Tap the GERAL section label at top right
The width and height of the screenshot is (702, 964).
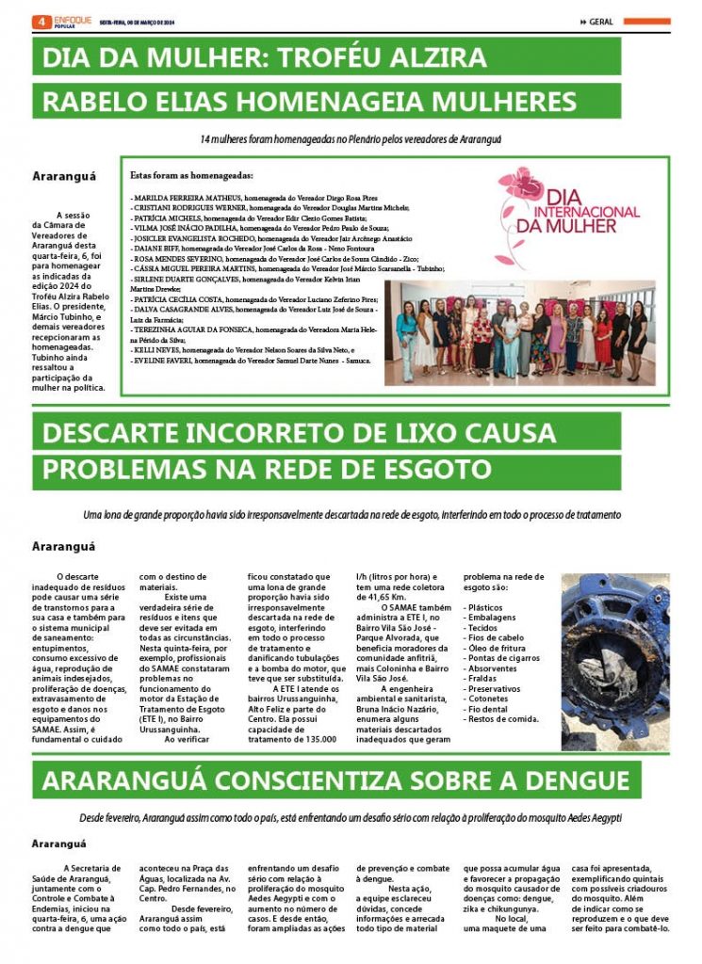click(601, 22)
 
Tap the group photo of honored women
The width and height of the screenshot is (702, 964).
click(520, 332)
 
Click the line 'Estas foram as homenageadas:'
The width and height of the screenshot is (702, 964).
click(191, 175)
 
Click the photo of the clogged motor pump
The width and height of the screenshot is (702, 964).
click(615, 662)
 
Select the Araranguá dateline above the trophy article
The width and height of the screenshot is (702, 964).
click(62, 176)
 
